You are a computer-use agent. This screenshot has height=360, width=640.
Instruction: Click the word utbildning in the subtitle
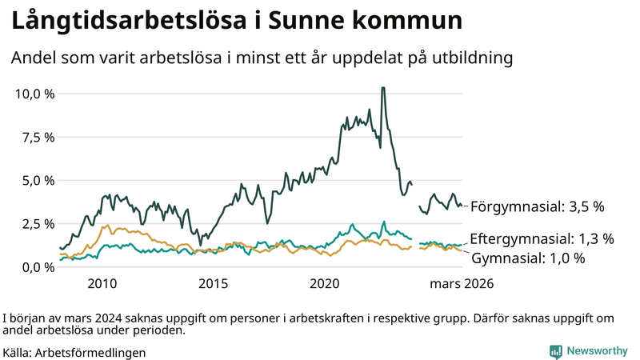[x=468, y=58]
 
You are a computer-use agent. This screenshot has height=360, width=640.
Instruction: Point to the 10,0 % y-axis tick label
[x=35, y=94]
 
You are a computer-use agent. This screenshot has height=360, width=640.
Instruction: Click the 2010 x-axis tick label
[x=102, y=284]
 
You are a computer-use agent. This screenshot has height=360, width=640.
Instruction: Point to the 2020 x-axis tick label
[x=325, y=284]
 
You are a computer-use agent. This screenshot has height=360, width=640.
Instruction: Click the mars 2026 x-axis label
[x=462, y=284]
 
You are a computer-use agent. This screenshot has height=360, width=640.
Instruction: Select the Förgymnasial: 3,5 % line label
[x=537, y=206]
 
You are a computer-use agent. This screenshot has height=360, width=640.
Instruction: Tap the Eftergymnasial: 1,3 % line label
[x=542, y=238]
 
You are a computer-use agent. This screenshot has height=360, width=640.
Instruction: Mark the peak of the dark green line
[x=383, y=88]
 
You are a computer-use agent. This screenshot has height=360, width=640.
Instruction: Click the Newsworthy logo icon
[x=555, y=350]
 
